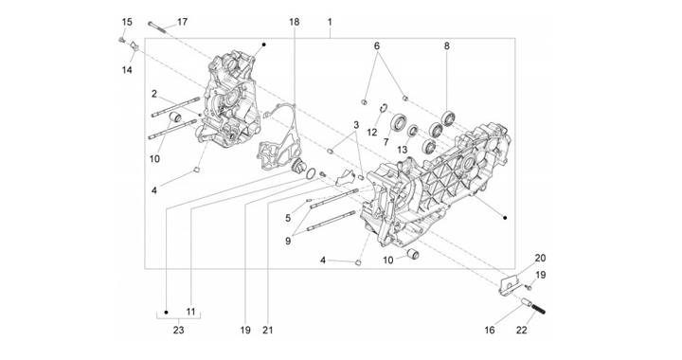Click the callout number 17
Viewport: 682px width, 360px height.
point(182,22)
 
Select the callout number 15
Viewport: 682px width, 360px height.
point(127,22)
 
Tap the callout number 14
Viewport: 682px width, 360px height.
point(127,69)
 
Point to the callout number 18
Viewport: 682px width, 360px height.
point(295,22)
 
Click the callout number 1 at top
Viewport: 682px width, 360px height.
point(330,22)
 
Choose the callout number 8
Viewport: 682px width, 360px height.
point(447,45)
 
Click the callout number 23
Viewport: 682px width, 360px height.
point(178,331)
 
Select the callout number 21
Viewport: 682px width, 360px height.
point(268,331)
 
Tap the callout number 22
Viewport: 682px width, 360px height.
point(522,331)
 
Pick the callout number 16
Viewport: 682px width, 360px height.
point(490,331)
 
